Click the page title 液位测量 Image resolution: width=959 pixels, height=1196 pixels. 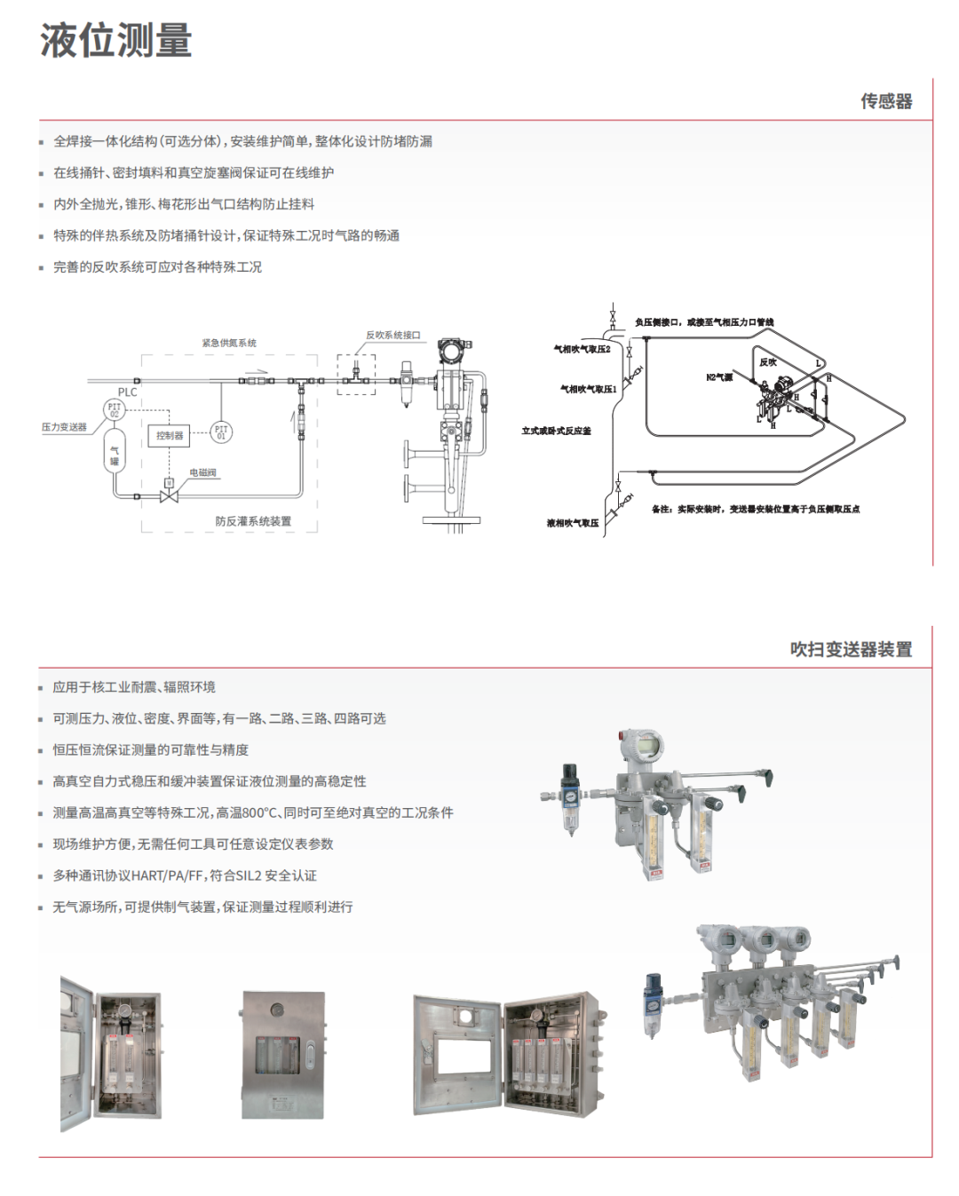coord(116,41)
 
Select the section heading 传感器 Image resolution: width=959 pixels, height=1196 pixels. coord(885,101)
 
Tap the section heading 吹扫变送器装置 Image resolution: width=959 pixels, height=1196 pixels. coord(851,649)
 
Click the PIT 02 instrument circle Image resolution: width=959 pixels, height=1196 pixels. coord(115,409)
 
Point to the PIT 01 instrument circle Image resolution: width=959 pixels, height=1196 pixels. coord(221,432)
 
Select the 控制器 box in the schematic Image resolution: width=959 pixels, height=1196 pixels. coord(170,436)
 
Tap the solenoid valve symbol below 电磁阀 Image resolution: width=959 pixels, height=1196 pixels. coord(169,494)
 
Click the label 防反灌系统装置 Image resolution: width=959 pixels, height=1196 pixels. coord(253,521)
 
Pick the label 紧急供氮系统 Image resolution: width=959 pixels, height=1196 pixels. coord(229,343)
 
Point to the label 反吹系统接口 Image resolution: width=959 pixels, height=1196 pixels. coord(392,335)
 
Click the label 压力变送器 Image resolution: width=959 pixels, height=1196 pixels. coord(65,427)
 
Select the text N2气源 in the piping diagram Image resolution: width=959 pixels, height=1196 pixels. coord(719,377)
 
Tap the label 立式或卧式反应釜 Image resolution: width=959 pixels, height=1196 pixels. coord(556,431)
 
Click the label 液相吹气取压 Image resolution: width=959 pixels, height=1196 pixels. coord(573,523)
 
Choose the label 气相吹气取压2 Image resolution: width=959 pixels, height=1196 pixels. coord(583,349)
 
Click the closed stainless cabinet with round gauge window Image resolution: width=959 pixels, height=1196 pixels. coord(282,1054)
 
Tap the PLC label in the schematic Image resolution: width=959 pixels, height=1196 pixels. coord(128,392)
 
